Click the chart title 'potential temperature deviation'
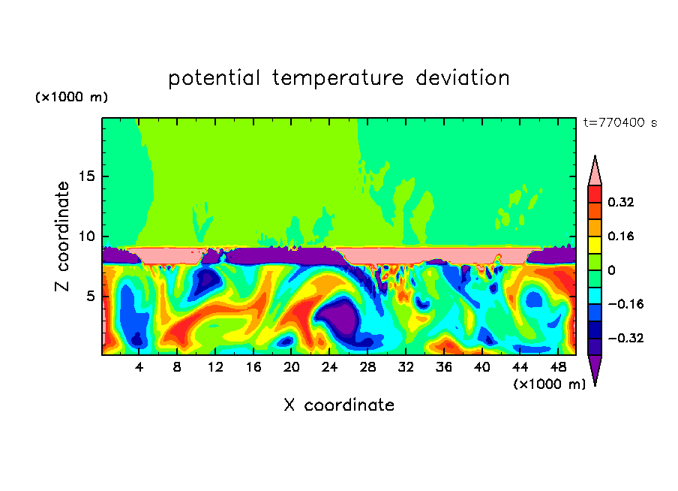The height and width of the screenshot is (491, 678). (339, 78)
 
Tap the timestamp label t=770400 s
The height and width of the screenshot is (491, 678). (620, 122)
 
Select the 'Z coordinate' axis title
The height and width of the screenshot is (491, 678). (63, 236)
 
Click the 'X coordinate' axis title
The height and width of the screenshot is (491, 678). (339, 405)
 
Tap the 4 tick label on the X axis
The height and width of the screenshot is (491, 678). (139, 368)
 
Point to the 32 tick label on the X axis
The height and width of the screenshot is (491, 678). (405, 368)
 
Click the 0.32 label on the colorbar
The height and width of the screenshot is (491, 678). (621, 202)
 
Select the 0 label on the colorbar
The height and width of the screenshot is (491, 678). (611, 270)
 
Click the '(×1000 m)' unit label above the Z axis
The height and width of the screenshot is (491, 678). (71, 98)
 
